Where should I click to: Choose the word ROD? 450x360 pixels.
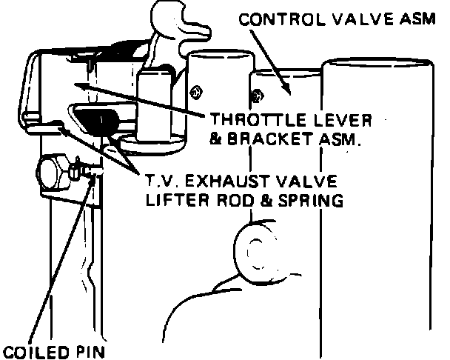click(233, 199)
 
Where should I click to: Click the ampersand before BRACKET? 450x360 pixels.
click(216, 139)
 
